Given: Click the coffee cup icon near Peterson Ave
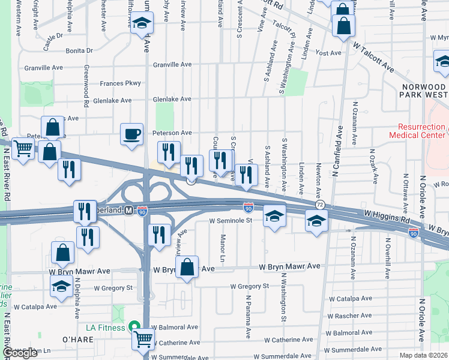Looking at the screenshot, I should click(131, 135).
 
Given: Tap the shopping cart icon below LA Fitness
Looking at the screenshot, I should click(143, 340).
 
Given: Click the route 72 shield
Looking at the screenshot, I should click(321, 205).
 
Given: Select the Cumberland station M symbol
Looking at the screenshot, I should click(128, 211).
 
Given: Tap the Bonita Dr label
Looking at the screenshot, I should click(80, 51).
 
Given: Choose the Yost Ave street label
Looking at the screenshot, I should click(328, 53).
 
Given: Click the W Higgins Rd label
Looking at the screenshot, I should click(384, 214).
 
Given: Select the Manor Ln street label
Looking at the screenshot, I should click(223, 247).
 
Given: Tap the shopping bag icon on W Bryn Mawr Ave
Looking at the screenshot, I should click(187, 268).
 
